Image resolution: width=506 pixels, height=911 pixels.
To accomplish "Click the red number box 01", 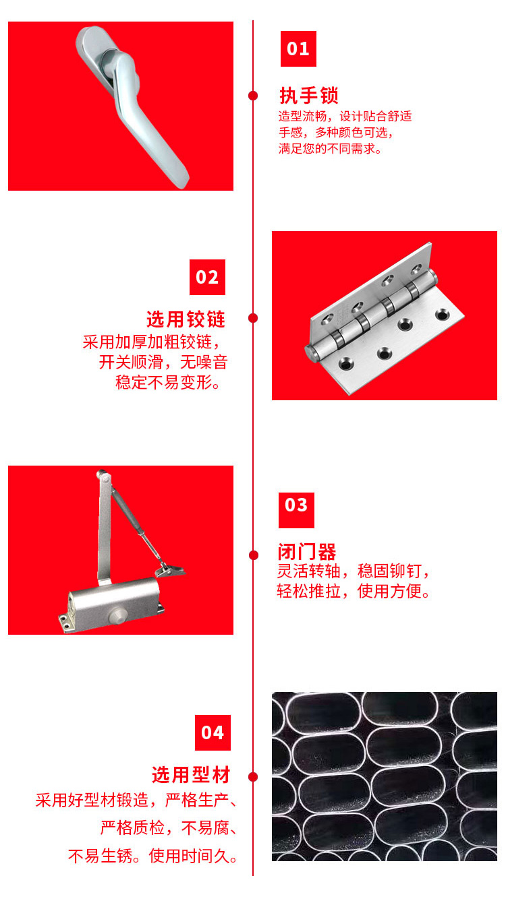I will [298, 49].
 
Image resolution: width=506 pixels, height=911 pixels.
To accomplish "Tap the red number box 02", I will [207, 277].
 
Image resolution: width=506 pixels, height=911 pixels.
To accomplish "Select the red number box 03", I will [296, 505].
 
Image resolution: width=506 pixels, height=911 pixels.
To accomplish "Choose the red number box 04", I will [213, 732].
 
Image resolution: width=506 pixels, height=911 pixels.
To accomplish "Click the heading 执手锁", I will [309, 95].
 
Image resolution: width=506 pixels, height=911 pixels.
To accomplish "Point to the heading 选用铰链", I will [186, 319].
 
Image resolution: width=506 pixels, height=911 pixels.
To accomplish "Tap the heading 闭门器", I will [307, 552].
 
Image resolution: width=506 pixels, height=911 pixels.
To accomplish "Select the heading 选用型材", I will [191, 774].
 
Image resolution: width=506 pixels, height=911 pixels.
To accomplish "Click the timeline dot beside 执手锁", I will [253, 96].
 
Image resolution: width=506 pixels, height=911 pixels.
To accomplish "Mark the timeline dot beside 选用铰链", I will [253, 318].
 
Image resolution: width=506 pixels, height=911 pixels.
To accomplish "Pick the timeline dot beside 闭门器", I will [253, 555].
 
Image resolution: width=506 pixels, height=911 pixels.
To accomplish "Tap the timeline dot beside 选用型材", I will [253, 777].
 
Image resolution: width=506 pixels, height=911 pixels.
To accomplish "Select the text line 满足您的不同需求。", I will [331, 149].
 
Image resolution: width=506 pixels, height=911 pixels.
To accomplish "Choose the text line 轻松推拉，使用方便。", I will [354, 592].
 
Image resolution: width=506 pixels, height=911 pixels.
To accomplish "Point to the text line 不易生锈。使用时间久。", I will [153, 856].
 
